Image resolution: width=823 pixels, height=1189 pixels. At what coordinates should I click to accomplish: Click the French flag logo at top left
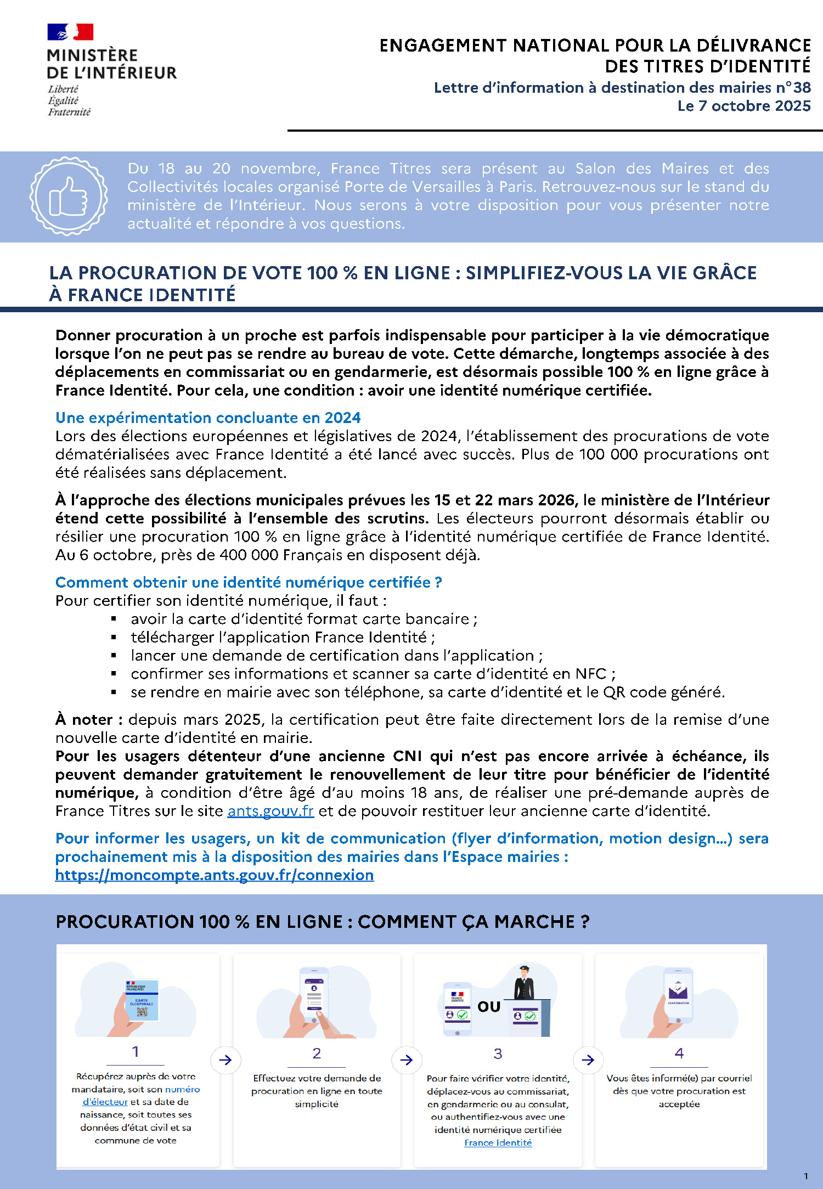pyautogui.click(x=70, y=32)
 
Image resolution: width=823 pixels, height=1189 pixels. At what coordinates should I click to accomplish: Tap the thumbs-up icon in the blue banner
pyautogui.click(x=69, y=196)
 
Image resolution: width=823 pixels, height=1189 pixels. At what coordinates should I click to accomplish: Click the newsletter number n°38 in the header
pyautogui.click(x=793, y=88)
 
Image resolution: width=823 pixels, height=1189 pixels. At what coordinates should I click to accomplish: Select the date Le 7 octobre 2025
pyautogui.click(x=743, y=106)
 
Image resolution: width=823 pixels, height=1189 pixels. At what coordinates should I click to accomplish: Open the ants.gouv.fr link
pyautogui.click(x=270, y=811)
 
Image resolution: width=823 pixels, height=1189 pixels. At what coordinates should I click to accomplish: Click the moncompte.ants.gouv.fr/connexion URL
pyautogui.click(x=215, y=875)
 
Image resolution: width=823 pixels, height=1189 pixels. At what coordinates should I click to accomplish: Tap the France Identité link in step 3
pyautogui.click(x=498, y=1143)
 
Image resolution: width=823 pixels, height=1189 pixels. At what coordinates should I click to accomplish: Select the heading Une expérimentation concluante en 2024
pyautogui.click(x=208, y=418)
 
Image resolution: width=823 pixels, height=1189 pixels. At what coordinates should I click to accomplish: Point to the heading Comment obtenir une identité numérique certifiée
pyautogui.click(x=249, y=582)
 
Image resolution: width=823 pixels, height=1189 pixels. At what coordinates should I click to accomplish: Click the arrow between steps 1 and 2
pyautogui.click(x=225, y=1060)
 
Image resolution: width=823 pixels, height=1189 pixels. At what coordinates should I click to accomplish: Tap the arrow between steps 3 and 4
pyautogui.click(x=588, y=1060)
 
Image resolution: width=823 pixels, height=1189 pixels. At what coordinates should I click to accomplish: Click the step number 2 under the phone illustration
pyautogui.click(x=317, y=1053)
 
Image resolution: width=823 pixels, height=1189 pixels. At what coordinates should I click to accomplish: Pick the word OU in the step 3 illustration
pyautogui.click(x=489, y=1007)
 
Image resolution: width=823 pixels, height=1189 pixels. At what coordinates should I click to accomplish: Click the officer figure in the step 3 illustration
pyautogui.click(x=524, y=983)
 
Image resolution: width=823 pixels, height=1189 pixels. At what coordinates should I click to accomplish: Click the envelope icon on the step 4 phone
pyautogui.click(x=678, y=990)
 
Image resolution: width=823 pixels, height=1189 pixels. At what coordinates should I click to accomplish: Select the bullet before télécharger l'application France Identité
pyautogui.click(x=114, y=638)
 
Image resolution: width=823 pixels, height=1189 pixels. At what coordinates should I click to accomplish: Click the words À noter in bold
pyautogui.click(x=88, y=719)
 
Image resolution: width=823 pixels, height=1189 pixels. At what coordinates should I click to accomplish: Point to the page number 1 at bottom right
pyautogui.click(x=805, y=1176)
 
